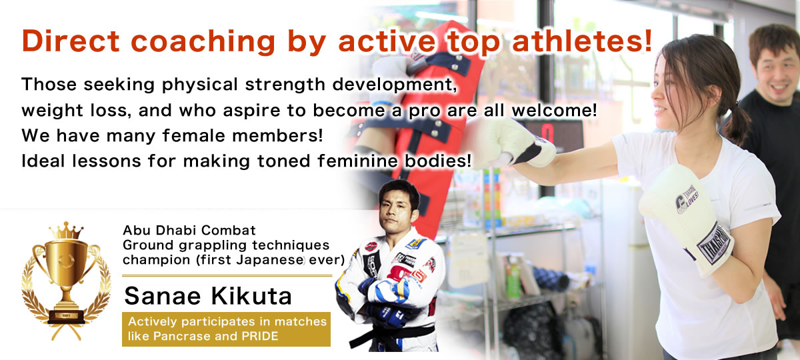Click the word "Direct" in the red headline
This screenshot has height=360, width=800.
(71, 41)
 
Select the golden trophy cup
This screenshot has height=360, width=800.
(66, 281)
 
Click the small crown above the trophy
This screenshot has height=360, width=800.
(66, 231)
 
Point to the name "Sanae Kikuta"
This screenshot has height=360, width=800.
(208, 296)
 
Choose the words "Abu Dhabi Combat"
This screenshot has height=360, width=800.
(189, 231)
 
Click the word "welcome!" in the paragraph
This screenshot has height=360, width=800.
(554, 111)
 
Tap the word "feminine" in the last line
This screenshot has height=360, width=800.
(357, 161)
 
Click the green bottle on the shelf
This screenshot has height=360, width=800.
(513, 281)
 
